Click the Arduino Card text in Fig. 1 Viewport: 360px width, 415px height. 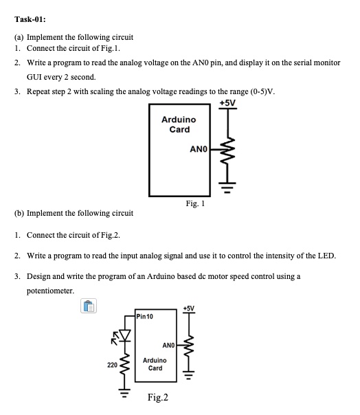[179, 124]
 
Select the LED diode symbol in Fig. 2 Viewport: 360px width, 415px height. [124, 335]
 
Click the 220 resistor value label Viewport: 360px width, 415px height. [112, 365]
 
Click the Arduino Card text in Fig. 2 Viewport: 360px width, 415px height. [155, 363]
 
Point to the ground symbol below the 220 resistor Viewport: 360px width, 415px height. [124, 394]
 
